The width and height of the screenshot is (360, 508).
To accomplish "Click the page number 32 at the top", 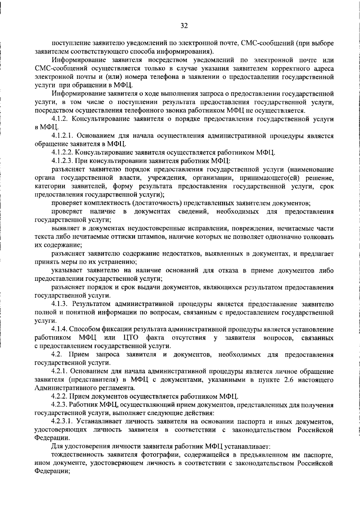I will [x=184, y=26].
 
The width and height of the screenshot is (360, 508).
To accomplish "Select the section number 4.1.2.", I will [x=61, y=119].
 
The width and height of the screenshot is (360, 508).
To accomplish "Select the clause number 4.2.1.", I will [x=61, y=372].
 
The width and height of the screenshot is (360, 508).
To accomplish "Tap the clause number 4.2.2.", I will [x=61, y=397].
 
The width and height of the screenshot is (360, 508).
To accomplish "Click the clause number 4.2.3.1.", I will [x=64, y=422].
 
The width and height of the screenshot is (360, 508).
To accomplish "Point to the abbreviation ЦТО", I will [x=130, y=338].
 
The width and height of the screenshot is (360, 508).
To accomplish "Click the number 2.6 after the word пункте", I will [x=284, y=380].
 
